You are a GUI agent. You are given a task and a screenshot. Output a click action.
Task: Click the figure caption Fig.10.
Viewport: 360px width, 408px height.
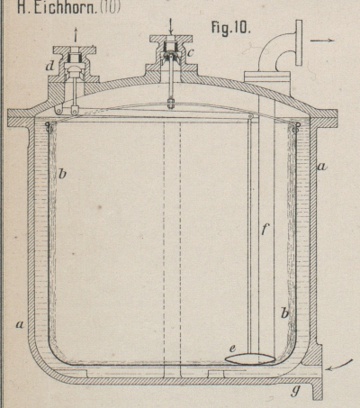pyautogui.click(x=231, y=29)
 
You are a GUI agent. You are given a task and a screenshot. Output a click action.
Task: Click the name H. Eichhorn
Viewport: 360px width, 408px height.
pyautogui.click(x=57, y=7)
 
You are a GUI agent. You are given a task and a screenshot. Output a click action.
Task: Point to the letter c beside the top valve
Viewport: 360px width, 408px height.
pyautogui.click(x=190, y=52)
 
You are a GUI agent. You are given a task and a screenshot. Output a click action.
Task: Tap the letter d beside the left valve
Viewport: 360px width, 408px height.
pyautogui.click(x=49, y=66)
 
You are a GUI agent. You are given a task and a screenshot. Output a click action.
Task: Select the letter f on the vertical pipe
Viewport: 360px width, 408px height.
pyautogui.click(x=264, y=230)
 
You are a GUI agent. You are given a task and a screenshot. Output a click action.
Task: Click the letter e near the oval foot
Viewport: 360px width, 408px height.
pyautogui.click(x=232, y=349)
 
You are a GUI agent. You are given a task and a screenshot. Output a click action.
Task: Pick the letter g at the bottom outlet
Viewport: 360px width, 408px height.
pyautogui.click(x=295, y=391)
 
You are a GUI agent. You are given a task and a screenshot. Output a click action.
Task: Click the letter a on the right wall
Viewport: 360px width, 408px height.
pyautogui.click(x=321, y=166)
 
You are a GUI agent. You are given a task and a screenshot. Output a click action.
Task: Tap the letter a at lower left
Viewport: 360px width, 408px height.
pyautogui.click(x=20, y=324)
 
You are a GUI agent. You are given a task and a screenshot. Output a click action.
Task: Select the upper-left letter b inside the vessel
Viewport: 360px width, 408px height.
pyautogui.click(x=62, y=173)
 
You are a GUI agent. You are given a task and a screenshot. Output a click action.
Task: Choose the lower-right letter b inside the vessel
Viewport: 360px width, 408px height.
pyautogui.click(x=284, y=313)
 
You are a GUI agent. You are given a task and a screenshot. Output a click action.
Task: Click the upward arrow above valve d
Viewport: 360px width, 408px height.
pyautogui.click(x=76, y=34)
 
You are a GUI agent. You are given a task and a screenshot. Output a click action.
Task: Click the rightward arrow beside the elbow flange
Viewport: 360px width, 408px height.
pyautogui.click(x=322, y=41)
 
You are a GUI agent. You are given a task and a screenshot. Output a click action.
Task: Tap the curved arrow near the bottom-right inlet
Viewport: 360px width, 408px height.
pyautogui.click(x=339, y=366)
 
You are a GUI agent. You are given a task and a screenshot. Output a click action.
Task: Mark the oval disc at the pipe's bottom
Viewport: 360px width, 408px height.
pyautogui.click(x=250, y=358)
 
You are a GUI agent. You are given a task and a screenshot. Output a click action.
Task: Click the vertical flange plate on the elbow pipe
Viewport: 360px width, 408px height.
pyautogui.click(x=299, y=42)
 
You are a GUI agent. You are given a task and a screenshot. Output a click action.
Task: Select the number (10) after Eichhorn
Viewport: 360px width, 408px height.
pyautogui.click(x=110, y=7)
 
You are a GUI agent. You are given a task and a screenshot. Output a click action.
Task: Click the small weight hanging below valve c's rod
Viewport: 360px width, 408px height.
pyautogui.click(x=170, y=104)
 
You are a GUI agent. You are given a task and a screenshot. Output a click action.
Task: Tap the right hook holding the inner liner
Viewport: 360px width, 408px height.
pyautogui.click(x=296, y=127)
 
